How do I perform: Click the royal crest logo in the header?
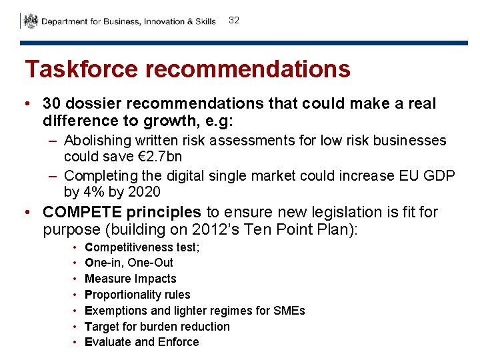coord(31,21)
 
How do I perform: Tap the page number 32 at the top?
coord(233,21)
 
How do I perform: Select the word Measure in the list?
coord(107,279)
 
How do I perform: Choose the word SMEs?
coord(290,311)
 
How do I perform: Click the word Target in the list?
coord(101,327)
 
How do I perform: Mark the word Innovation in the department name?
coord(164,21)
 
